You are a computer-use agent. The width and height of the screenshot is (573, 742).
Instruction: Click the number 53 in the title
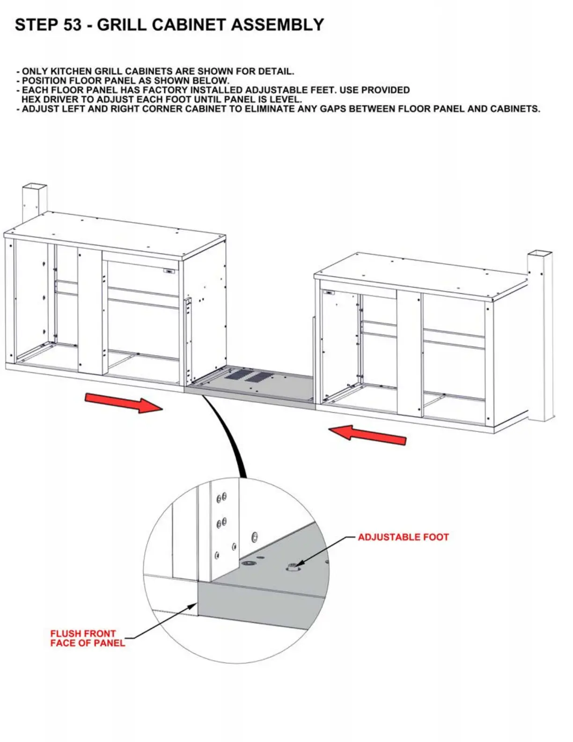[x=72, y=25]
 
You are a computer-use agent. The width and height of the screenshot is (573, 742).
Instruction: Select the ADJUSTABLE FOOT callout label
[x=403, y=537]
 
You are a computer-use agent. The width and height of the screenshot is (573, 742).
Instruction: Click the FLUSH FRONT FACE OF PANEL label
[x=88, y=638]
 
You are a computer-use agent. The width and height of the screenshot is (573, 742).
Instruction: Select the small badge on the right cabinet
[x=329, y=293]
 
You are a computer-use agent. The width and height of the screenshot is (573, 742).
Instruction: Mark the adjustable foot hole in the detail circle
[x=293, y=567]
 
